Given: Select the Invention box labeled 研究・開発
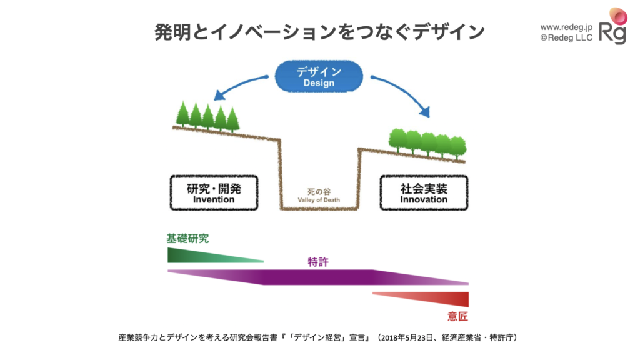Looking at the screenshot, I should (x=214, y=192).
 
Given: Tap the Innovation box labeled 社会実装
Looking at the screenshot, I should (x=424, y=192).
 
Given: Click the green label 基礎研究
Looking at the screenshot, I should (x=187, y=238).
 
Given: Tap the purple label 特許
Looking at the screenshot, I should (x=318, y=262).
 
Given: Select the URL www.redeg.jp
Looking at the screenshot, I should (x=566, y=27).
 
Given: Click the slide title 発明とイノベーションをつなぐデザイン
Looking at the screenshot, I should (x=319, y=32).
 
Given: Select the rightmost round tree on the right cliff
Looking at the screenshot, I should (x=458, y=146).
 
